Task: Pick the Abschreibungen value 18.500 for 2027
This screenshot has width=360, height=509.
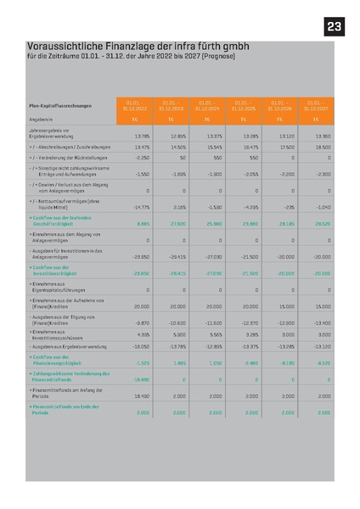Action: pos(323,147)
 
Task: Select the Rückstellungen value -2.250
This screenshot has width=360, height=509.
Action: pos(142,158)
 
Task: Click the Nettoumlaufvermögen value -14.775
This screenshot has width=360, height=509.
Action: pos(140,206)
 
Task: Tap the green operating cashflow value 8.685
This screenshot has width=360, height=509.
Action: pos(142,223)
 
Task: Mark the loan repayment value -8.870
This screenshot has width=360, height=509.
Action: pos(142,322)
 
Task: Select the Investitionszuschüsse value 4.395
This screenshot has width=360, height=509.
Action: pos(142,334)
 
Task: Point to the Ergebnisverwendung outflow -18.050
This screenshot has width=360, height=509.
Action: pos(140,346)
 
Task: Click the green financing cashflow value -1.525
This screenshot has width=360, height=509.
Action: pos(142,362)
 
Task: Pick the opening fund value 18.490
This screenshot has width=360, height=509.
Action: pos(141,395)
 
